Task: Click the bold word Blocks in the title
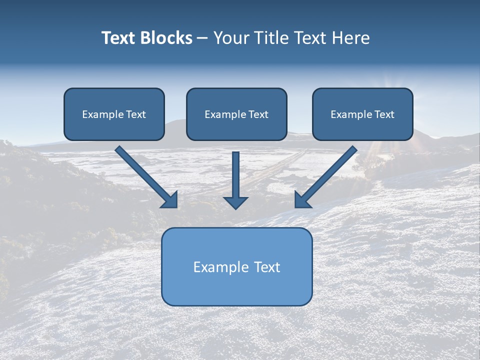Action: coord(166,38)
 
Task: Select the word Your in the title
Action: coord(230,38)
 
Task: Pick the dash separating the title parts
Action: coord(202,38)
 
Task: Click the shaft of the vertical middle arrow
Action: coord(236,172)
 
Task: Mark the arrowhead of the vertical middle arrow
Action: coord(236,202)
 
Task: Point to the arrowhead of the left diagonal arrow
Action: coord(171,200)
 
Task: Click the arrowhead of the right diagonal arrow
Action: coord(301,200)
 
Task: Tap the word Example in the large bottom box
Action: coord(219,267)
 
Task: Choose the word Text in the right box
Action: coord(384,114)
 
